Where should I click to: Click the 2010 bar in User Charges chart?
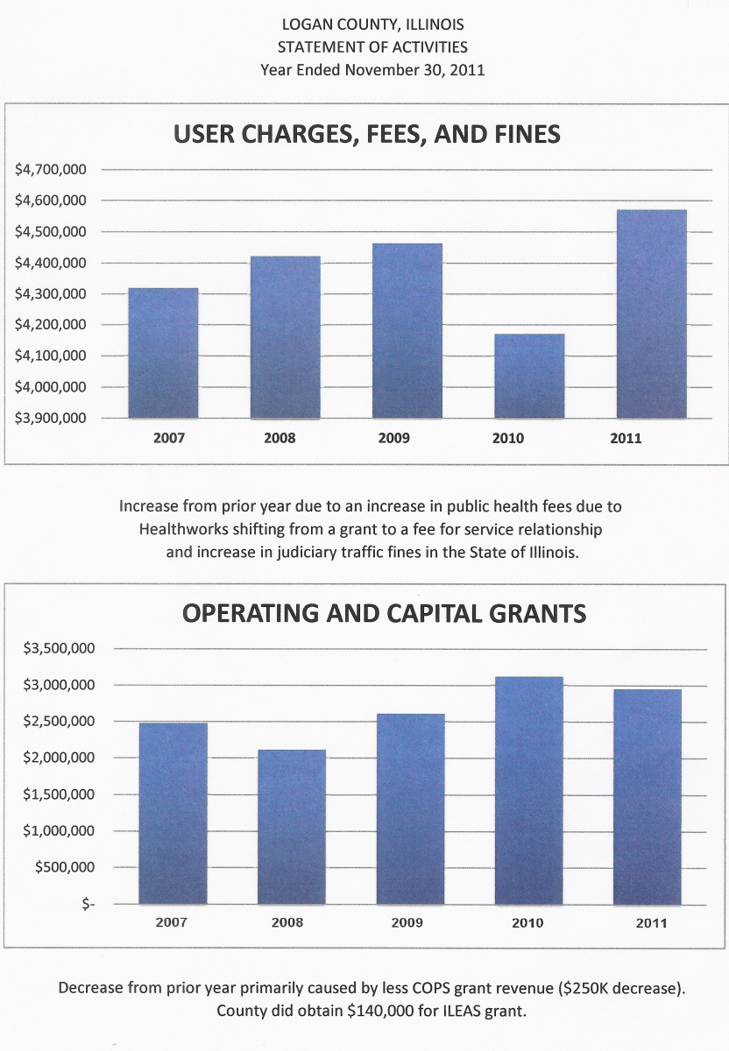(x=528, y=376)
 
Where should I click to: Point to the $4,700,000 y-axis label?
(x=51, y=169)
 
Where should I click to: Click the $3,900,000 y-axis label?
(x=51, y=418)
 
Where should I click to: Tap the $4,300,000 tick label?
(x=51, y=293)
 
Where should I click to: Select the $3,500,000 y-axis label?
(x=59, y=648)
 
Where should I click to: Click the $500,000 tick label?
(x=64, y=867)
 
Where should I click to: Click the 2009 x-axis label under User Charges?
(x=393, y=438)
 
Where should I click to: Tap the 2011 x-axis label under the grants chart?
(x=651, y=922)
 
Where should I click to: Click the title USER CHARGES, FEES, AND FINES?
(x=366, y=134)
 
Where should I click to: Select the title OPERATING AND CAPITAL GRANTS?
(x=384, y=613)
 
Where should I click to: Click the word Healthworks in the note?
(x=180, y=530)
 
